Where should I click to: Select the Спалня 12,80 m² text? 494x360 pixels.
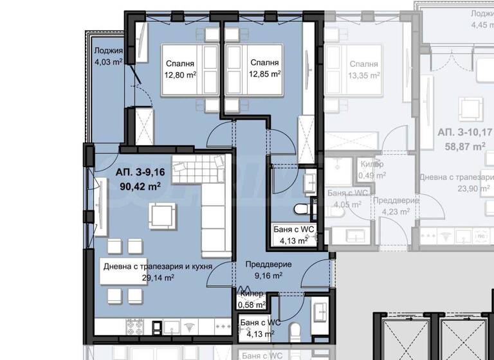[x=180, y=69]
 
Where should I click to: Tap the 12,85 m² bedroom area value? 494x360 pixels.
[x=265, y=74]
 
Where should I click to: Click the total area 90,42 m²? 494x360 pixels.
[x=139, y=186]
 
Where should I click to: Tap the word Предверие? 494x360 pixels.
[x=268, y=264]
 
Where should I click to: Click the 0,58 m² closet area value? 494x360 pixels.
[x=251, y=305]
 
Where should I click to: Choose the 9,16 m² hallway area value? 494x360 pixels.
[x=268, y=276]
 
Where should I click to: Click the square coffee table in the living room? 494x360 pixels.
[x=161, y=215]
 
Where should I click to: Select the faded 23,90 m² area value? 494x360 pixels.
[x=457, y=189]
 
